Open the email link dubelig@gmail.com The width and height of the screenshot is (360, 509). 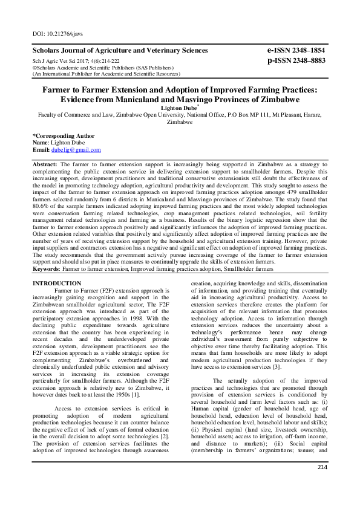click(76, 150)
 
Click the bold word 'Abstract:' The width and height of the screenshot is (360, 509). click(46, 164)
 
